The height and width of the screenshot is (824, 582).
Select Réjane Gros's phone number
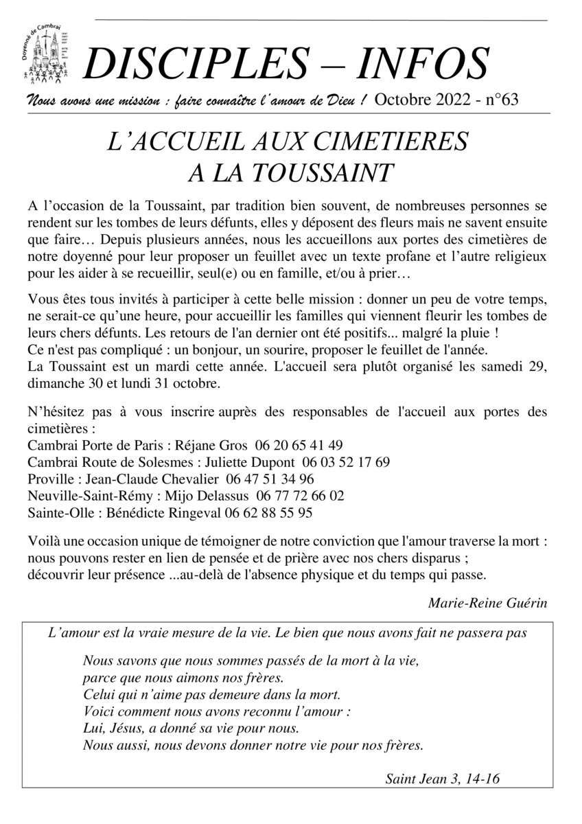point(299,444)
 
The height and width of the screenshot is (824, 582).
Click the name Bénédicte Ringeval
point(167,512)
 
